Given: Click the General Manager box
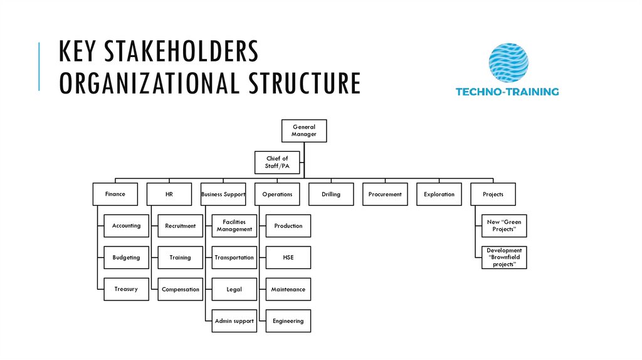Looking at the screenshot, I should click(303, 130).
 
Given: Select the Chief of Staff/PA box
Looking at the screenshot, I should click(277, 162).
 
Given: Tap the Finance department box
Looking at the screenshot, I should click(115, 194).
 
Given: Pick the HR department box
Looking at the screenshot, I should click(169, 194).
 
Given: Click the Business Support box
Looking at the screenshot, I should click(223, 194).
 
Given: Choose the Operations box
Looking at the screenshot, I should click(277, 194).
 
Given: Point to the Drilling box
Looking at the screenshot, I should click(331, 194).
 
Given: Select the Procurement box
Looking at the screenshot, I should click(385, 194).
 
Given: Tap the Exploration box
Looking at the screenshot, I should click(439, 194).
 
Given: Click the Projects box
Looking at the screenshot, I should click(493, 194).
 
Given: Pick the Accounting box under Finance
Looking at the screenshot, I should click(127, 226).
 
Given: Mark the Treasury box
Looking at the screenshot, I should click(127, 289).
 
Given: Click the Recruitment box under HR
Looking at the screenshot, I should click(181, 226).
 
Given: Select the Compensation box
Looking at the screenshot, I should click(181, 289).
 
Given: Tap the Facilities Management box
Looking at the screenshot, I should click(234, 226).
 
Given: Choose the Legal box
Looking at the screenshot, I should click(234, 289).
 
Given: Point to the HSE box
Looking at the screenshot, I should click(288, 258).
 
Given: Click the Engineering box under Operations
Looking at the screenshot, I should click(288, 321).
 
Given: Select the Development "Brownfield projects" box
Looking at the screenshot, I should click(504, 258).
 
